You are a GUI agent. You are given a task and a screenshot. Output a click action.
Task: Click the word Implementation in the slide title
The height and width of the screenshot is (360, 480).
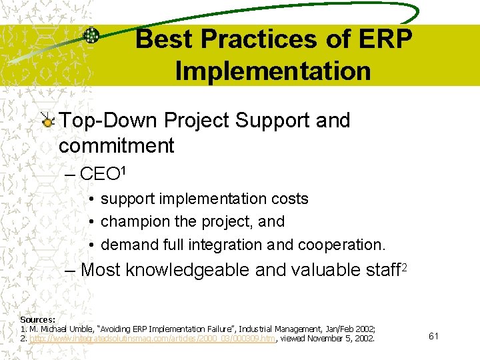pos(273,71)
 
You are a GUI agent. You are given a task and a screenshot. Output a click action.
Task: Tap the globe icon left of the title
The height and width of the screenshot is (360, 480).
pos(91,36)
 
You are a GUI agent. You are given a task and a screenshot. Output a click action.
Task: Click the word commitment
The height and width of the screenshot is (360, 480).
pos(116,145)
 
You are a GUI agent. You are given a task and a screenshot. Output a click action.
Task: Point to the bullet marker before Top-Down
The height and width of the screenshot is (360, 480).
pos(48,121)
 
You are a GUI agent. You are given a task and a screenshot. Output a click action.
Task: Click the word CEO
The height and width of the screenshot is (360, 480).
pos(99,175)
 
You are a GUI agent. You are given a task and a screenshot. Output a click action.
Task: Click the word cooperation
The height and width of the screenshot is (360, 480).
pos(341,245)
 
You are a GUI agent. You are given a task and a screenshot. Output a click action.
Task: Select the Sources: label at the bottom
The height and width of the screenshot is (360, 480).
pos(37,320)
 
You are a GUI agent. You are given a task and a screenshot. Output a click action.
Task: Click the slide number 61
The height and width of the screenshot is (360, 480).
pos(433,336)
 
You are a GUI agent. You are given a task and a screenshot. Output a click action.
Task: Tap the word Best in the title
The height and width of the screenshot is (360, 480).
pos(164,41)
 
